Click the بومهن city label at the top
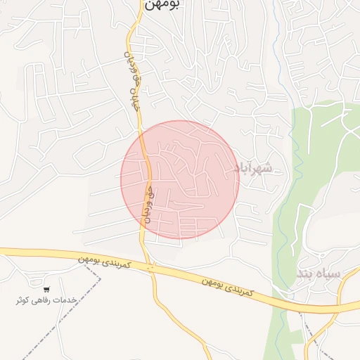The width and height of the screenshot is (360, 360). (162, 4)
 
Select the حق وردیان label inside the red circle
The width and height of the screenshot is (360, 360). (148, 204)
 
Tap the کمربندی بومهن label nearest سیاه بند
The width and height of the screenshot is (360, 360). (227, 285)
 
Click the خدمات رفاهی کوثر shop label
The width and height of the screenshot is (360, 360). (46, 300)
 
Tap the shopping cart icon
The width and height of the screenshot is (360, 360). (46, 289)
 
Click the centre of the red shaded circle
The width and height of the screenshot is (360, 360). (180, 180)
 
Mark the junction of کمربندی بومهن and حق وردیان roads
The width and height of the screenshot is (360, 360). (148, 266)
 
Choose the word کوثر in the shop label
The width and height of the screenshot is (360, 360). (25, 300)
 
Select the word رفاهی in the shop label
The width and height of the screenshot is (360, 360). (45, 300)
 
